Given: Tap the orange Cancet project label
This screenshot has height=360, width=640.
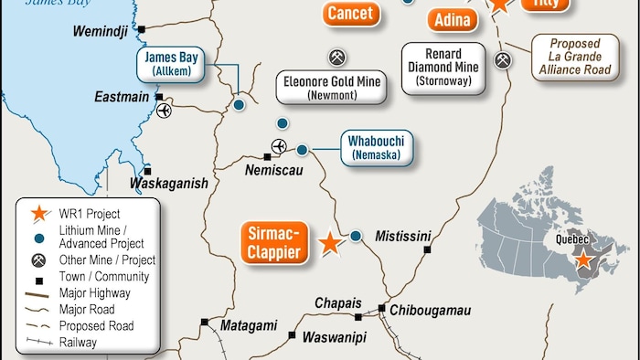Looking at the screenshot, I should pos(349,13).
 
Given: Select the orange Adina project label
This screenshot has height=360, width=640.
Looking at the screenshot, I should pos(453,20).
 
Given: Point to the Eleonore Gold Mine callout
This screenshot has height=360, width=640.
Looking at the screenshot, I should pos(330,87).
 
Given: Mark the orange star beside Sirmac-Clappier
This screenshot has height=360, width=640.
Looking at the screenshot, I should pos(328,243).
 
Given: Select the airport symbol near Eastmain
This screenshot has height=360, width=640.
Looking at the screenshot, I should pos(164,111).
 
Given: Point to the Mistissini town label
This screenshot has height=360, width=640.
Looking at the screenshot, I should pos(402,236).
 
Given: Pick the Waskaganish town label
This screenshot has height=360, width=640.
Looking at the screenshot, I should pos(169,183).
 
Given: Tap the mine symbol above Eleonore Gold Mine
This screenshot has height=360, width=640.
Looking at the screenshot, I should pos(337,58).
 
